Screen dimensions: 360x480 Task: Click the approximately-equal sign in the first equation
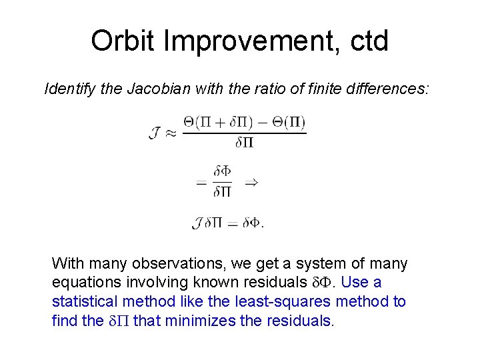[x=171, y=133]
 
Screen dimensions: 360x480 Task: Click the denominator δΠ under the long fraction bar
[x=245, y=142]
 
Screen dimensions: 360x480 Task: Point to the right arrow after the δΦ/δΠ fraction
[x=251, y=181]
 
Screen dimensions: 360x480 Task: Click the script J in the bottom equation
[x=197, y=223]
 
